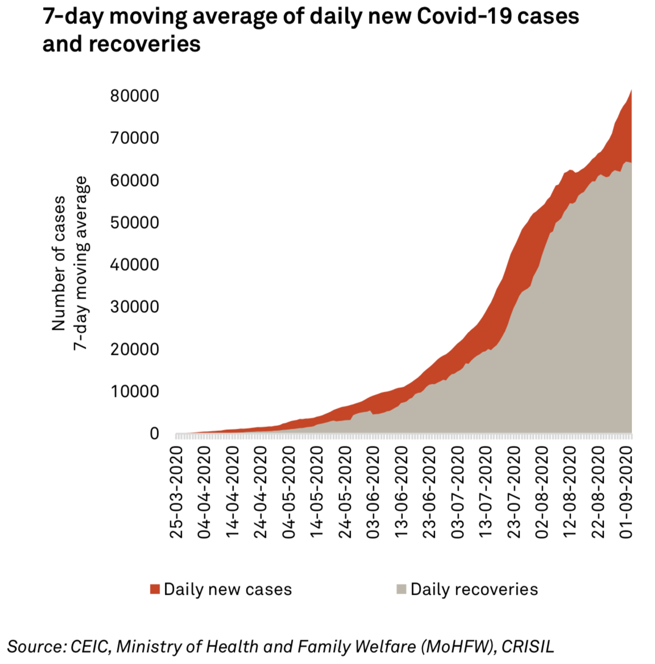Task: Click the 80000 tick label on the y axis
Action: [135, 96]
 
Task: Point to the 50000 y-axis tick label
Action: [135, 222]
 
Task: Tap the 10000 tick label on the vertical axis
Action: [135, 391]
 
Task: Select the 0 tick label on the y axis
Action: [154, 434]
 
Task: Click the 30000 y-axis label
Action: [135, 307]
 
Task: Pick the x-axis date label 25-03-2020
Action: [177, 492]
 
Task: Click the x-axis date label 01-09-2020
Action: [626, 492]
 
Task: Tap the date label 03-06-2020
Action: [373, 492]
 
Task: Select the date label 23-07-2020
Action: [514, 492]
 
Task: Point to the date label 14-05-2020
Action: [317, 492]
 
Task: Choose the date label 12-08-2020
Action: [570, 492]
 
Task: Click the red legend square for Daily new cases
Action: [155, 589]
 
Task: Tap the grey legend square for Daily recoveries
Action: [401, 589]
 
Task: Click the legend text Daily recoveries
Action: [474, 589]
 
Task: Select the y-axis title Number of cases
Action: [59, 263]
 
